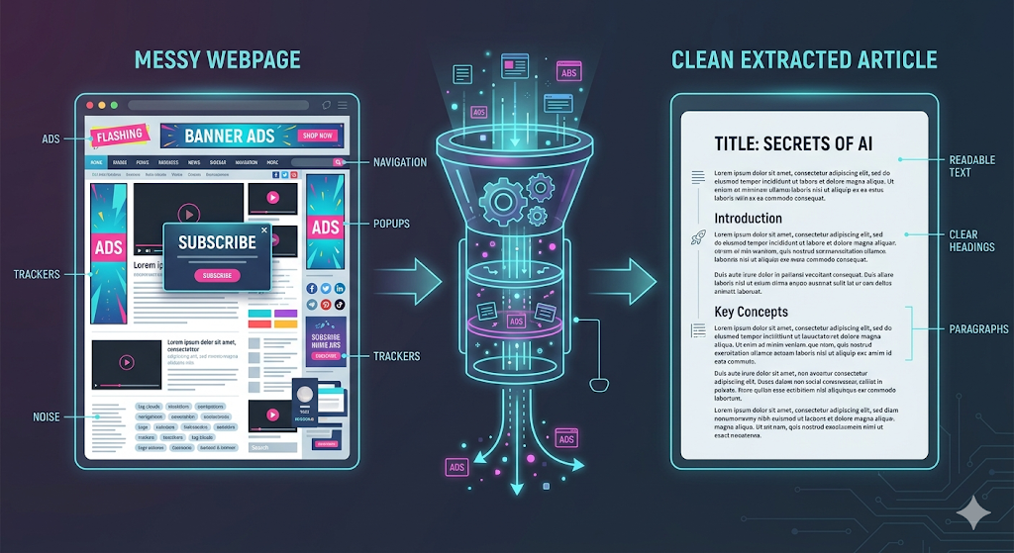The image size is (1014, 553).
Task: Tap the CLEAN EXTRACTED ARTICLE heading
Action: (804, 59)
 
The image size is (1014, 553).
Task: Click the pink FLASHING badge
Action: (119, 135)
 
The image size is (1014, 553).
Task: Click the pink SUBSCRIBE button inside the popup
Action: (216, 275)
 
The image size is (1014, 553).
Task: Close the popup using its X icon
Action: (263, 230)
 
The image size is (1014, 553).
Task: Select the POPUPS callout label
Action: (393, 224)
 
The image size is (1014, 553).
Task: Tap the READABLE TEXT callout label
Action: (971, 165)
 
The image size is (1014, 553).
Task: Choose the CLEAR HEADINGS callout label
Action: (970, 240)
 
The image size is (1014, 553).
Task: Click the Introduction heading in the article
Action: (748, 218)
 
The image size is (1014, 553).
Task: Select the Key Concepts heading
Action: (751, 312)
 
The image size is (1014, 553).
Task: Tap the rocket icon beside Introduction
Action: (696, 237)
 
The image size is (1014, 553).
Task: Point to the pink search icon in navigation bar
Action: (338, 161)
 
